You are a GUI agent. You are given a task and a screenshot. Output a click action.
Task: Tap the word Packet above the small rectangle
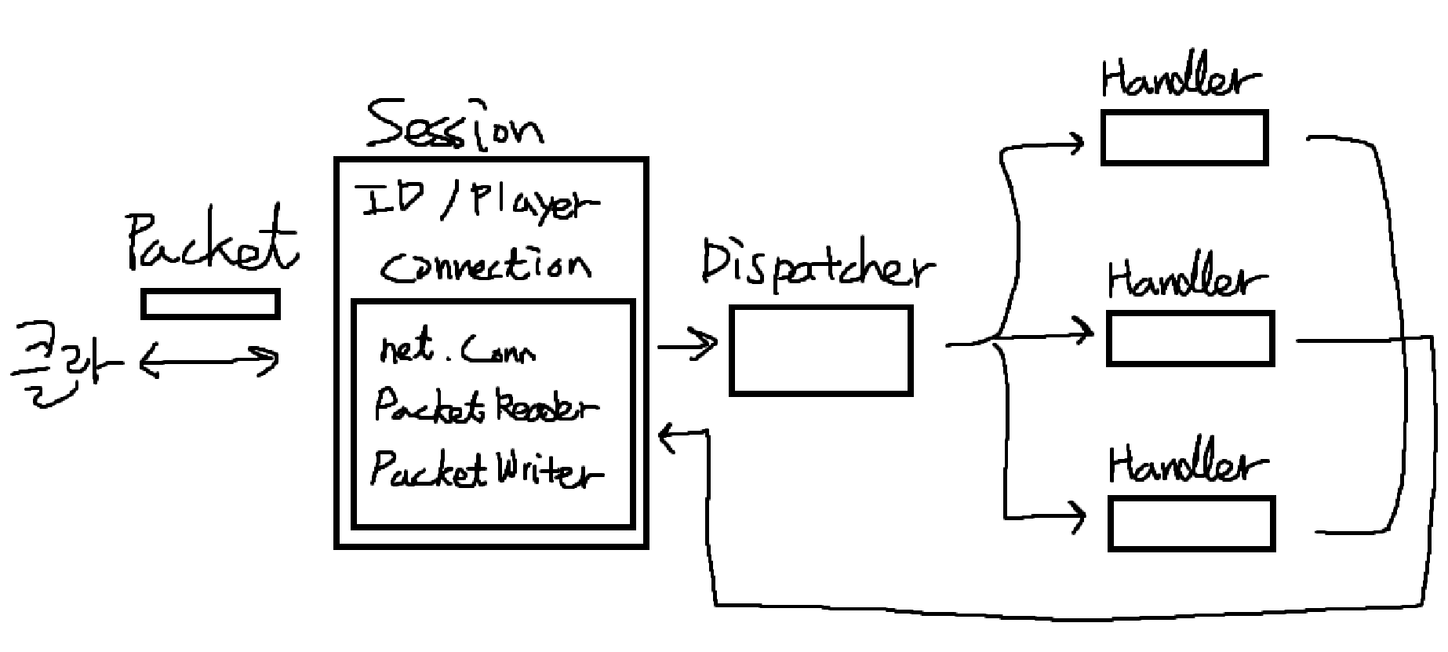(212, 239)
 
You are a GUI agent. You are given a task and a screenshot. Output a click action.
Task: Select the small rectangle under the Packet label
(210, 304)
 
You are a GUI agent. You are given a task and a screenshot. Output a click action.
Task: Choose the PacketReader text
(485, 406)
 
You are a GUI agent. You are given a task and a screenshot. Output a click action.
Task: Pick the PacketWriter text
(486, 470)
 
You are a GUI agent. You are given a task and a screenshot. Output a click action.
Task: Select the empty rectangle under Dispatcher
(820, 350)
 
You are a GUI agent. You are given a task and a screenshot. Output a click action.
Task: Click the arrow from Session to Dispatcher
(687, 345)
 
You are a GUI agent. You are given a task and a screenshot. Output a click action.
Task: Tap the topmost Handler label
(1181, 78)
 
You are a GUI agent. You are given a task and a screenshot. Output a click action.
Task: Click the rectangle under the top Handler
(1184, 138)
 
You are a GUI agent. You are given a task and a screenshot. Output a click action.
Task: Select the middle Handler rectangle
(1190, 339)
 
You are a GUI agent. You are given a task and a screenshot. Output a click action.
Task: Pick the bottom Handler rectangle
(1192, 523)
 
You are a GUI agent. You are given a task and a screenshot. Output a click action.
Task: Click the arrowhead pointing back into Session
(667, 437)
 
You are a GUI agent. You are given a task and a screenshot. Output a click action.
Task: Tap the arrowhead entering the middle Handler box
(1086, 334)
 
